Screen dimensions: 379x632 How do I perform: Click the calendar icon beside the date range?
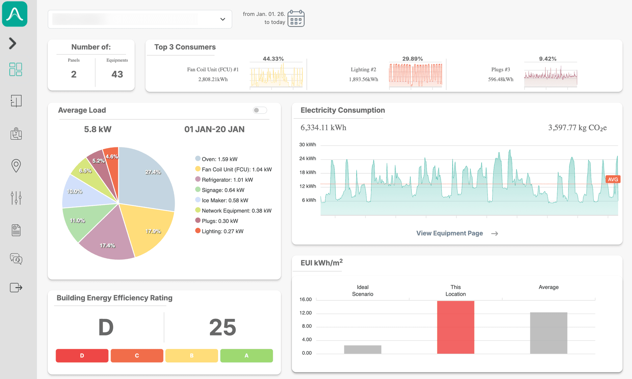(296, 18)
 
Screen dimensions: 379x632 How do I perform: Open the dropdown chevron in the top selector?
(223, 19)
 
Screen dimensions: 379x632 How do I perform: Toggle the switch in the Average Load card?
(260, 110)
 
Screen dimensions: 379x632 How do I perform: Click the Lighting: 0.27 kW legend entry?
(222, 231)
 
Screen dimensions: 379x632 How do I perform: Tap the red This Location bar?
(455, 327)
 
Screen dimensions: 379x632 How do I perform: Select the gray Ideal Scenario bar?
(362, 349)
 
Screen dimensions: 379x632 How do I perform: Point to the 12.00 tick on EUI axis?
(305, 313)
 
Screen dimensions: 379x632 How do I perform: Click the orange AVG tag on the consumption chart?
(613, 179)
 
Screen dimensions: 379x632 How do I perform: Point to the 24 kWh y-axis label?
(307, 159)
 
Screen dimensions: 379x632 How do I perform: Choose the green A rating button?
(246, 356)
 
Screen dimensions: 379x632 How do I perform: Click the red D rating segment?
(82, 356)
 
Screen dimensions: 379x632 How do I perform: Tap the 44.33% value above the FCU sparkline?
(273, 59)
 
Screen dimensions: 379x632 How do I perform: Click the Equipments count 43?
(117, 74)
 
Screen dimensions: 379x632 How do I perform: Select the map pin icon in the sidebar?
(16, 165)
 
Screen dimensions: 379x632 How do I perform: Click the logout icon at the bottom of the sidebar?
(16, 288)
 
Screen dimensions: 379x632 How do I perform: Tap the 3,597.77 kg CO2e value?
(577, 128)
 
